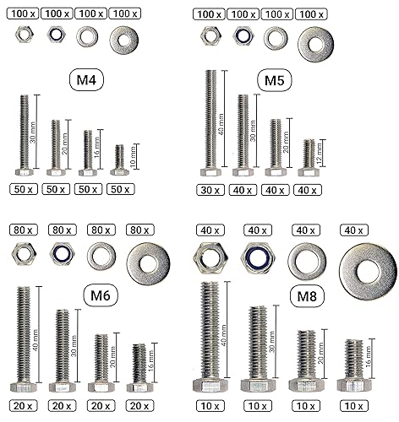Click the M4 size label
pyautogui.click(x=86, y=80)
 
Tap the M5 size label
pyautogui.click(x=275, y=80)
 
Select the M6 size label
pyautogui.click(x=101, y=295)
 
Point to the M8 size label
pyautogui.click(x=307, y=296)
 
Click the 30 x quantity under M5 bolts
pyautogui.click(x=210, y=190)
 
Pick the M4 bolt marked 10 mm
pyautogui.click(x=120, y=160)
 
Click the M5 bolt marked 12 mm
pyautogui.click(x=309, y=158)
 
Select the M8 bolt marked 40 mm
pyautogui.click(x=210, y=337)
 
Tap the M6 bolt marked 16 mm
pyautogui.click(x=139, y=368)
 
